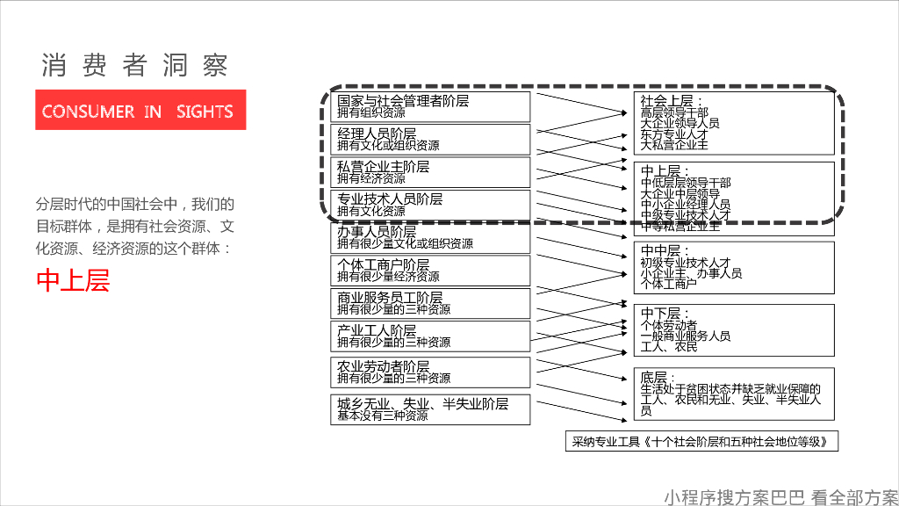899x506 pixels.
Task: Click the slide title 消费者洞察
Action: [135, 65]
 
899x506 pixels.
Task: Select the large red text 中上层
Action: [73, 279]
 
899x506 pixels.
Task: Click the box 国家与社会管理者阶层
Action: [431, 106]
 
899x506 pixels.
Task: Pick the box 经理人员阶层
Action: [431, 139]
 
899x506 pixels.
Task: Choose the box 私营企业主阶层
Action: [431, 172]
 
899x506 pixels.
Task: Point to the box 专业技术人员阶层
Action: [431, 205]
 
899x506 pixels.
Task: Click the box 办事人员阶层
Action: [431, 238]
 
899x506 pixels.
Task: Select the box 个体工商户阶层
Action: [431, 271]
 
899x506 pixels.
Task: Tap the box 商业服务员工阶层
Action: [431, 303]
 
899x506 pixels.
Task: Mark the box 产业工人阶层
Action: [431, 336]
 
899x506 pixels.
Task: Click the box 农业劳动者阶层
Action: [431, 372]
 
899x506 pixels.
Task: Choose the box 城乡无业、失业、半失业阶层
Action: [431, 409]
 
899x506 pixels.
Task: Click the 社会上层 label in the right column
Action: [666, 100]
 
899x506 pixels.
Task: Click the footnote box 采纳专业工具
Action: [701, 441]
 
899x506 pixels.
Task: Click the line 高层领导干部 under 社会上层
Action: [674, 112]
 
